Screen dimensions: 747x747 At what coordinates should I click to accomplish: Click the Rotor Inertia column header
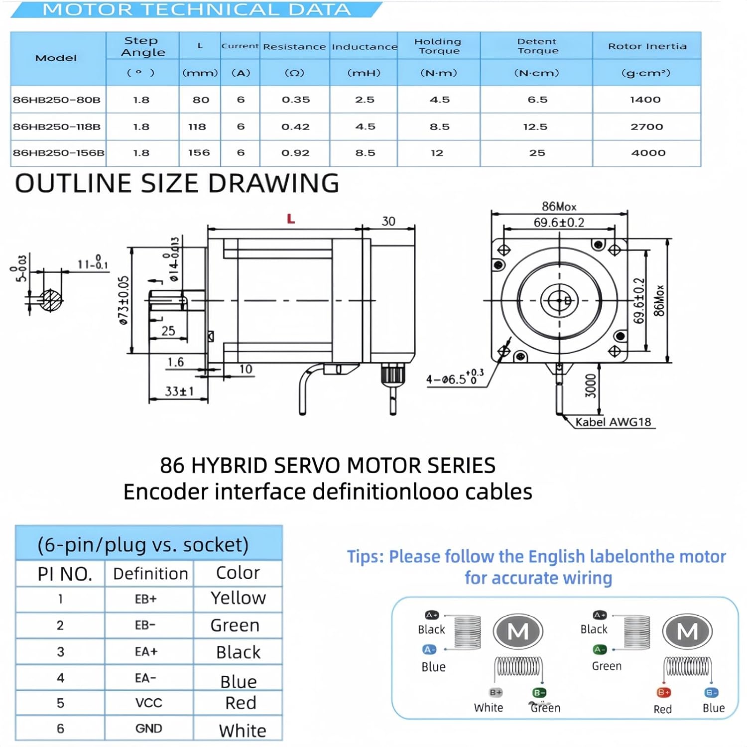[647, 46]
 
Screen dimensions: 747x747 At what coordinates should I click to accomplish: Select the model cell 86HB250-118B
[57, 126]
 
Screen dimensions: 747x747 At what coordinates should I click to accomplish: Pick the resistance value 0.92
[295, 153]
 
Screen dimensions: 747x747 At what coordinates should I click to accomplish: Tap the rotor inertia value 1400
[645, 100]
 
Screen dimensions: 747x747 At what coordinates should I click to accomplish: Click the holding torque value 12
[437, 153]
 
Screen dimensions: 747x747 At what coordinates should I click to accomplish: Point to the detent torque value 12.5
[535, 126]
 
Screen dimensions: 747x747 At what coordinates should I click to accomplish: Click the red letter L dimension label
[291, 219]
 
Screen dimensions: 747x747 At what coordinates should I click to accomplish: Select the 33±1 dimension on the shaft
[179, 391]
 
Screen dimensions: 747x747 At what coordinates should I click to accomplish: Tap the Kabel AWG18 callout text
[613, 422]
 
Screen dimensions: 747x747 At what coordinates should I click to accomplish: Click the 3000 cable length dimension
[591, 386]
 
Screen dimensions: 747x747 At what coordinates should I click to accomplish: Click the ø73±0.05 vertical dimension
[124, 300]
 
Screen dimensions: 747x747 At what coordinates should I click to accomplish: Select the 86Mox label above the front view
[559, 206]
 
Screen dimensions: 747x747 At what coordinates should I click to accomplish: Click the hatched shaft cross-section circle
[50, 300]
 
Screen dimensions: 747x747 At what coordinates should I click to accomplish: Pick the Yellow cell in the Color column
[238, 598]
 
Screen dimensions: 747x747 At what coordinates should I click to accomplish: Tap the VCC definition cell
[148, 703]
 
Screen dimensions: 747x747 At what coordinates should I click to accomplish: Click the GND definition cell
[148, 729]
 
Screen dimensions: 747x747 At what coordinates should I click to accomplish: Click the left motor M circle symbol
[518, 631]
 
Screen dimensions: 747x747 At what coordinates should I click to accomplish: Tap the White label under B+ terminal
[489, 708]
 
